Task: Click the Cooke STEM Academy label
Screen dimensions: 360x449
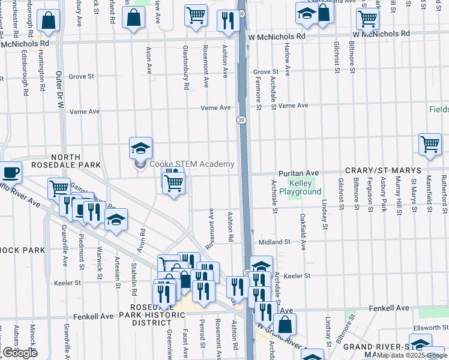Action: click(191, 164)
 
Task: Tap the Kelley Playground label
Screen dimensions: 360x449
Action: click(305, 187)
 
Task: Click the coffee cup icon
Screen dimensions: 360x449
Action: click(10, 173)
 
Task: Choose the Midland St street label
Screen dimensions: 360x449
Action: click(275, 242)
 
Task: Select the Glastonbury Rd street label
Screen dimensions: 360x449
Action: click(186, 68)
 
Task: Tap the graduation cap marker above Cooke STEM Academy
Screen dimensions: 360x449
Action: click(140, 148)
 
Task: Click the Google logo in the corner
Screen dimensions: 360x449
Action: click(20, 353)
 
